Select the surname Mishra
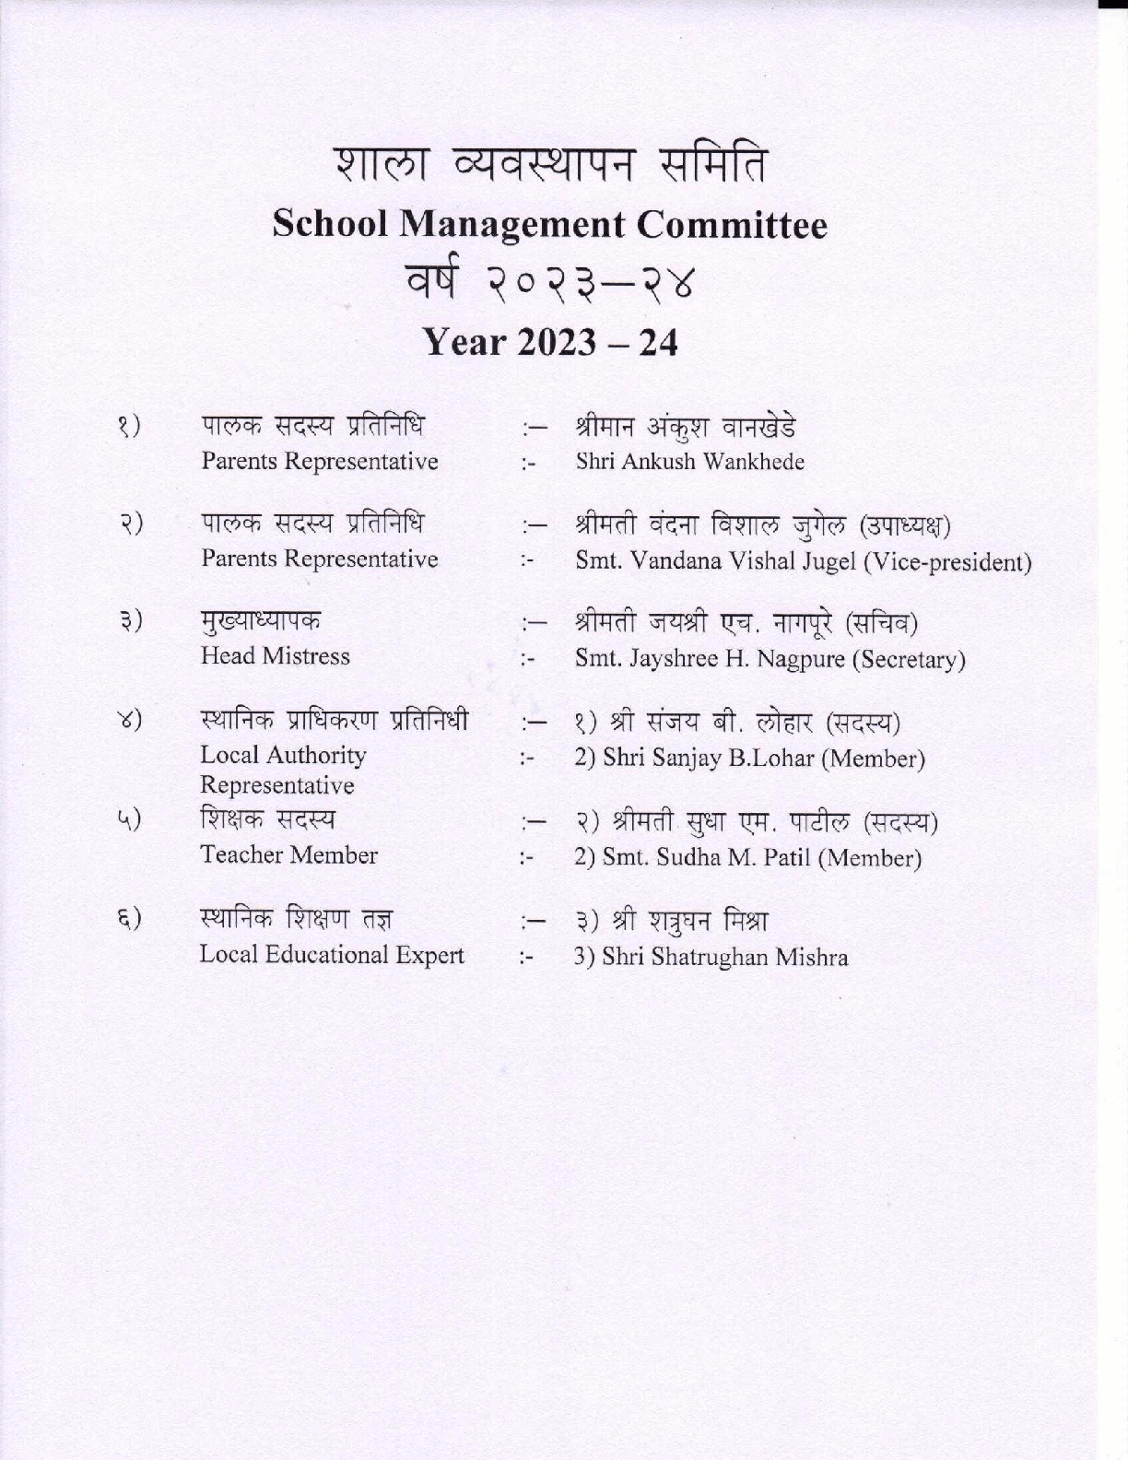click(812, 958)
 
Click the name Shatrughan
click(709, 958)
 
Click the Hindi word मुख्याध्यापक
click(261, 621)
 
